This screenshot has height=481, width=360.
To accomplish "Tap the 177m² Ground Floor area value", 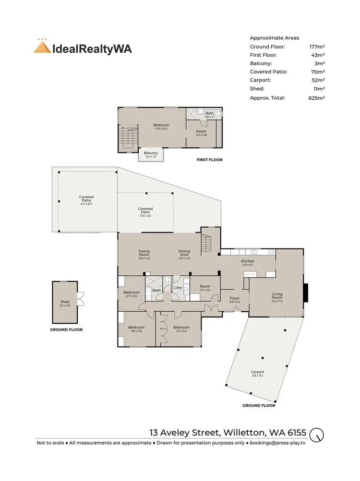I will point(317,47).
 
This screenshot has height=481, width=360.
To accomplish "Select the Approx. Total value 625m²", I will point(317,97).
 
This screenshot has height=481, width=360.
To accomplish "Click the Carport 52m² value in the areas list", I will point(317,80).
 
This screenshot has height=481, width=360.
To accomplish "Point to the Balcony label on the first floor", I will point(151,153).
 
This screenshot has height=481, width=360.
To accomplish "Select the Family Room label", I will point(144,251).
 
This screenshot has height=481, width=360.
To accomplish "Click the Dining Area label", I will point(184,251).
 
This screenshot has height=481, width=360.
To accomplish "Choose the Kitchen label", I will point(247,261).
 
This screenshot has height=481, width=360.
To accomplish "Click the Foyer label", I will point(234,298).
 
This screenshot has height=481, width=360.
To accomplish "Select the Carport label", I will point(257,372).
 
